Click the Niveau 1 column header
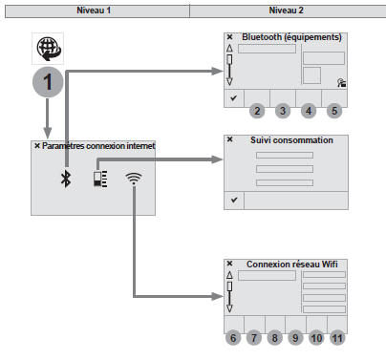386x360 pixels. [94, 11]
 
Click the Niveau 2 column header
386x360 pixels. [286, 11]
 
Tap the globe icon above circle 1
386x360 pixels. [48, 49]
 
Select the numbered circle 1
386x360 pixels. [48, 82]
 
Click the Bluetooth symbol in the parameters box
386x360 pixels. [66, 179]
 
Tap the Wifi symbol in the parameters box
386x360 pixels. [134, 179]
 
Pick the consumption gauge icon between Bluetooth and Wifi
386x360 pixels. [100, 179]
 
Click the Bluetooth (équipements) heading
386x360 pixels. [291, 37]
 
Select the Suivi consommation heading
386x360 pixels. [291, 140]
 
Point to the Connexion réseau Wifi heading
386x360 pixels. [292, 265]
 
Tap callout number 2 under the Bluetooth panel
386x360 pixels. [257, 111]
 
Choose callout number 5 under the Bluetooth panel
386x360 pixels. [334, 111]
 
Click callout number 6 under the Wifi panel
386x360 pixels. [233, 338]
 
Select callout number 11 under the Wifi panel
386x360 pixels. [337, 338]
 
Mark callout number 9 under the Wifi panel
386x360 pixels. [295, 338]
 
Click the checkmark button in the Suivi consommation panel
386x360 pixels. [234, 201]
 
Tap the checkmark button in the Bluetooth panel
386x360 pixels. [234, 98]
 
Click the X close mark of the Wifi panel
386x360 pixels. [229, 264]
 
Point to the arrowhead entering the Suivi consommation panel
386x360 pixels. [218, 159]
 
